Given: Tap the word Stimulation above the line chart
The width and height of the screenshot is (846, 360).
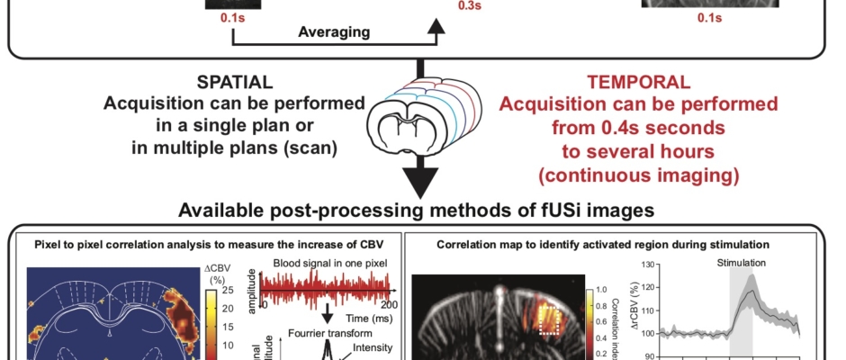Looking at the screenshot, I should coord(742,264).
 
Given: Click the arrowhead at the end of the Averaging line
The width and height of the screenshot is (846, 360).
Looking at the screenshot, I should coord(435,28).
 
